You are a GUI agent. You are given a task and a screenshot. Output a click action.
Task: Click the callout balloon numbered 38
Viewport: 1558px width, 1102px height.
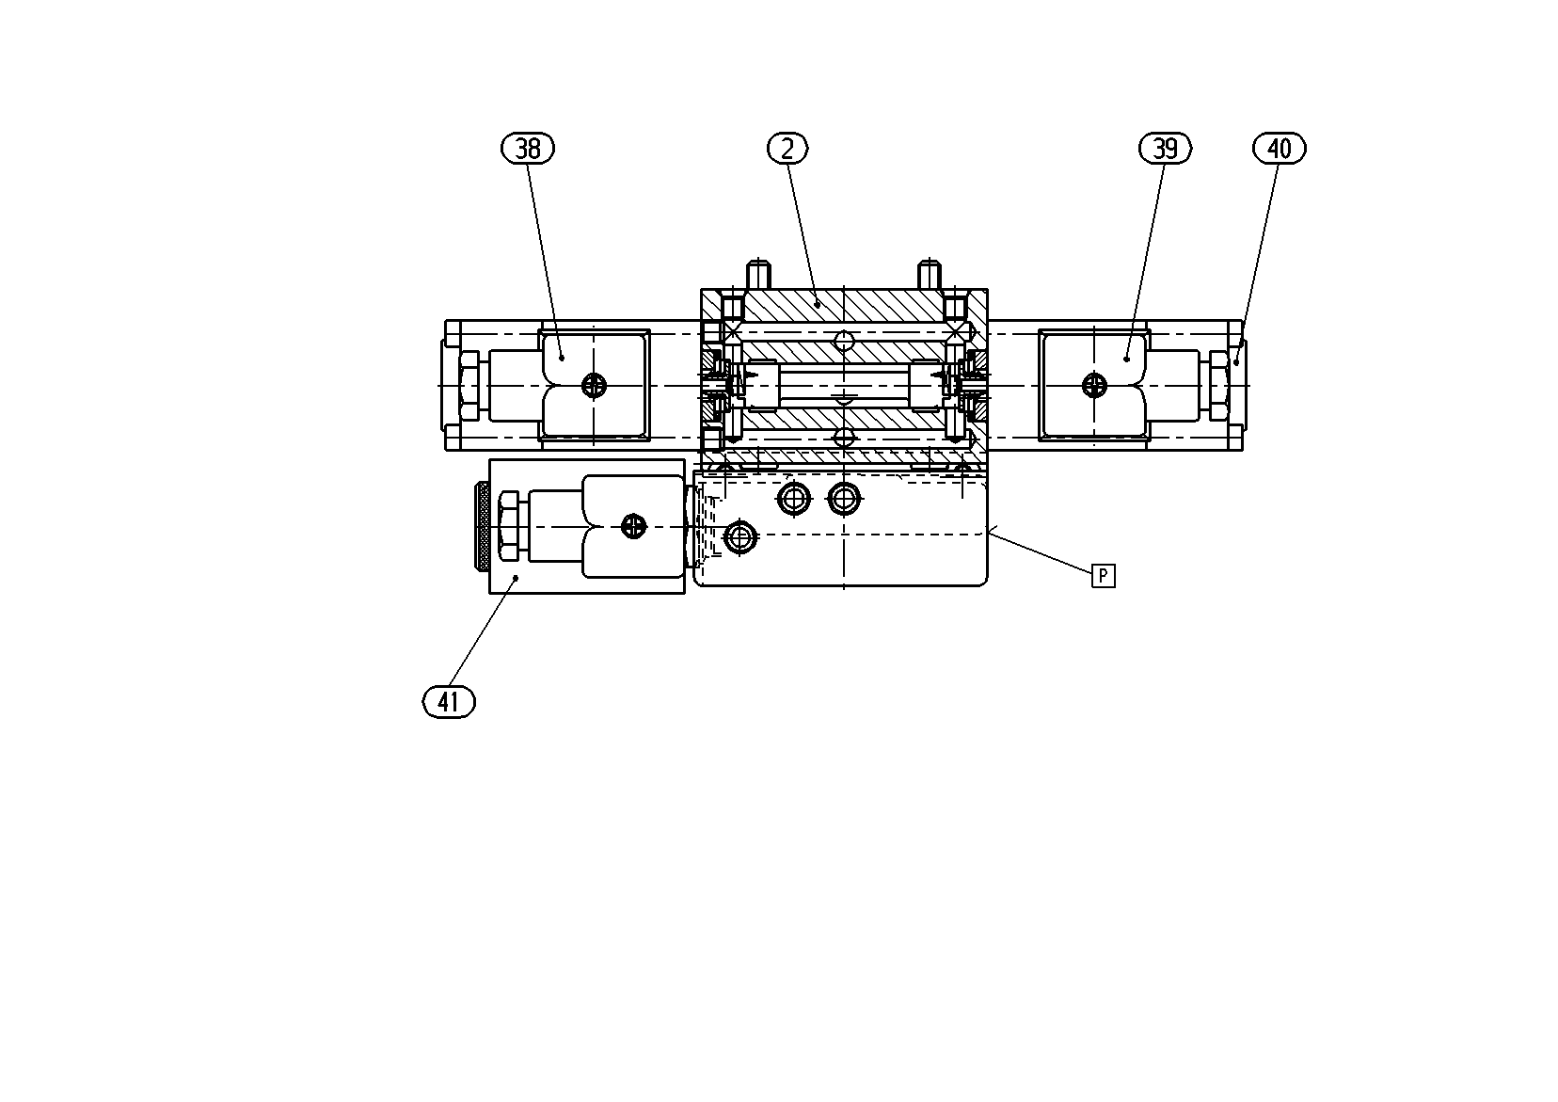tap(528, 148)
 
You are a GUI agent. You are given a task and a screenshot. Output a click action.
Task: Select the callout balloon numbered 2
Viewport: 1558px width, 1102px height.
tap(787, 148)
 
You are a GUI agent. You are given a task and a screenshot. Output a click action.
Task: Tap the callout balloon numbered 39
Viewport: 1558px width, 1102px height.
tap(1165, 148)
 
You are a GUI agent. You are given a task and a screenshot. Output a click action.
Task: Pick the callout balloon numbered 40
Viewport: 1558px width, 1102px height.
tap(1280, 148)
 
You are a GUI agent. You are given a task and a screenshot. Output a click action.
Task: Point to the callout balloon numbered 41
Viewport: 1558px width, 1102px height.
tap(450, 702)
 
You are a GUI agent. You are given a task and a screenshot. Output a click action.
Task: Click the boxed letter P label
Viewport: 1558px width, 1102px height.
tap(1104, 576)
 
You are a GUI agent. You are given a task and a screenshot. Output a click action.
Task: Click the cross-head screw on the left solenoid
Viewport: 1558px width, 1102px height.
tap(594, 385)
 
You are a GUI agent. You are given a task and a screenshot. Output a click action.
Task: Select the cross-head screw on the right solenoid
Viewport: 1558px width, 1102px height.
tap(1095, 385)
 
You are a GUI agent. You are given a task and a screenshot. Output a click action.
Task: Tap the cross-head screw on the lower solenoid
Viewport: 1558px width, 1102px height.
tap(633, 527)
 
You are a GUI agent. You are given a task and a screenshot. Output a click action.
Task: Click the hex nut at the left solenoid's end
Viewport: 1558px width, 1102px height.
tap(469, 386)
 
